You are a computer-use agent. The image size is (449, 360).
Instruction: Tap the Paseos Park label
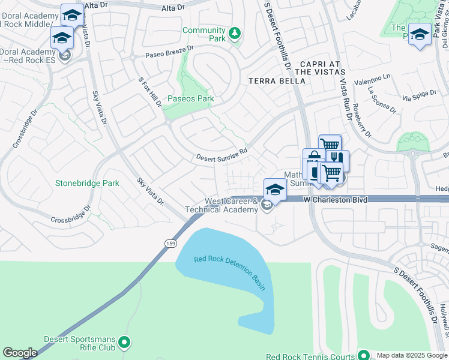[x=191, y=99]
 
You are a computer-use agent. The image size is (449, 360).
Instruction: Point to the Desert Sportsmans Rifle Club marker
[x=124, y=343]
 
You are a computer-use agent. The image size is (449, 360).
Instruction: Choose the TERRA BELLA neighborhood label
[x=273, y=80]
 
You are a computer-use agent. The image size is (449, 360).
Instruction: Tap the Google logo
[x=20, y=353]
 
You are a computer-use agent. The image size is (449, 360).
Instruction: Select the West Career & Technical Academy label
[x=223, y=205]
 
